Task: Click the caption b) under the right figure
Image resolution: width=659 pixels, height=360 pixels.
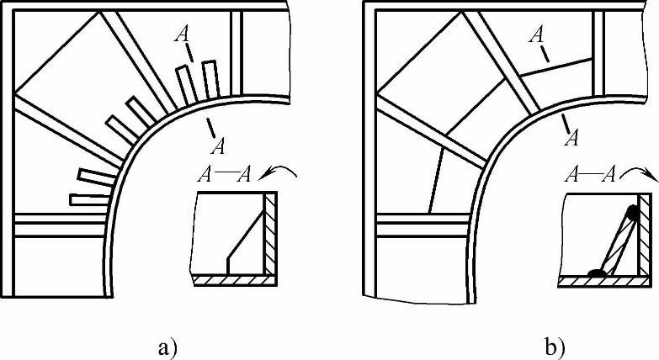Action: click(x=554, y=348)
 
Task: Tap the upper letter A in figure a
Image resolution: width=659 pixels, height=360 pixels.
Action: click(x=182, y=34)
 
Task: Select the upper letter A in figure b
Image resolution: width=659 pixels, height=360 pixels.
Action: click(x=536, y=35)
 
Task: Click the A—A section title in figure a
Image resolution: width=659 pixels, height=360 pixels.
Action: click(x=225, y=175)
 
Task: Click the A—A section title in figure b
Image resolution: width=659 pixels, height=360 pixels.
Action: click(x=590, y=174)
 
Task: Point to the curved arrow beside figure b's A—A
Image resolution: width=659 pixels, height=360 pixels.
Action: click(x=639, y=169)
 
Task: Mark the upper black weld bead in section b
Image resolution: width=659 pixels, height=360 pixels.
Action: click(x=632, y=214)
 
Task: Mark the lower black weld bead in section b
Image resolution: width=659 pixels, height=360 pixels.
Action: click(x=597, y=273)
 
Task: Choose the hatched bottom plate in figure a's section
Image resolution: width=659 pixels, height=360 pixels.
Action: click(x=235, y=280)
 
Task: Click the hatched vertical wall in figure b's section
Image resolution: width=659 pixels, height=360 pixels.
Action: click(x=643, y=235)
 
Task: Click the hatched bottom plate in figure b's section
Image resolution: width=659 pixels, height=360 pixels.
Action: click(x=603, y=282)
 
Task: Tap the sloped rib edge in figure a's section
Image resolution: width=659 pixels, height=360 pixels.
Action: click(x=246, y=236)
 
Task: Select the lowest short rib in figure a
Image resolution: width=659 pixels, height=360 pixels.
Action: click(x=90, y=200)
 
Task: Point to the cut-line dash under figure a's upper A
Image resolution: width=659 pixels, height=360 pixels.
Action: click(x=189, y=54)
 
